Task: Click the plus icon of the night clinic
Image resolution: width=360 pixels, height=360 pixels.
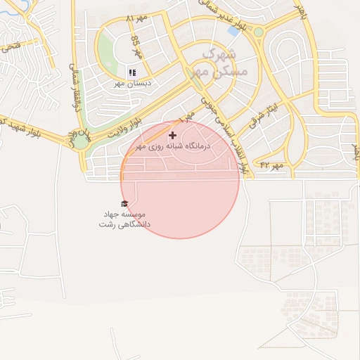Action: point(173,134)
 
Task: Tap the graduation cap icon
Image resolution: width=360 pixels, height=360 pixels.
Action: point(124,204)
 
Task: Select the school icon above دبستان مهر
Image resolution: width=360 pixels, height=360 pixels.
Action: point(132,72)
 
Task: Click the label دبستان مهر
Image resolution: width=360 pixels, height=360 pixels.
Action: point(134,83)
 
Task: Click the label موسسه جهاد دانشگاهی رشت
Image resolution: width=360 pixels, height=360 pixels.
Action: point(124,219)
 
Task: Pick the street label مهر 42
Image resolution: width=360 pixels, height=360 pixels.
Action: point(271,165)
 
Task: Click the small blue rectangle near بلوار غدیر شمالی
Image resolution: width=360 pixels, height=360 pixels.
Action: point(233,32)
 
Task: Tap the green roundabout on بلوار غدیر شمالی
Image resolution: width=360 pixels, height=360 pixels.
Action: point(258,32)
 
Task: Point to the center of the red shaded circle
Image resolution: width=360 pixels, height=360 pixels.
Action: point(180,179)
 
